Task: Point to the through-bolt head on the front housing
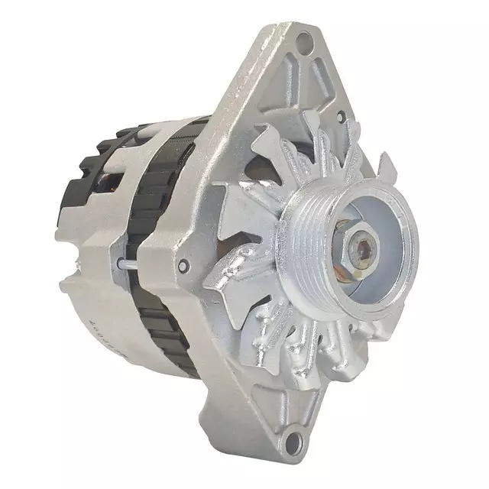(182, 266)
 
